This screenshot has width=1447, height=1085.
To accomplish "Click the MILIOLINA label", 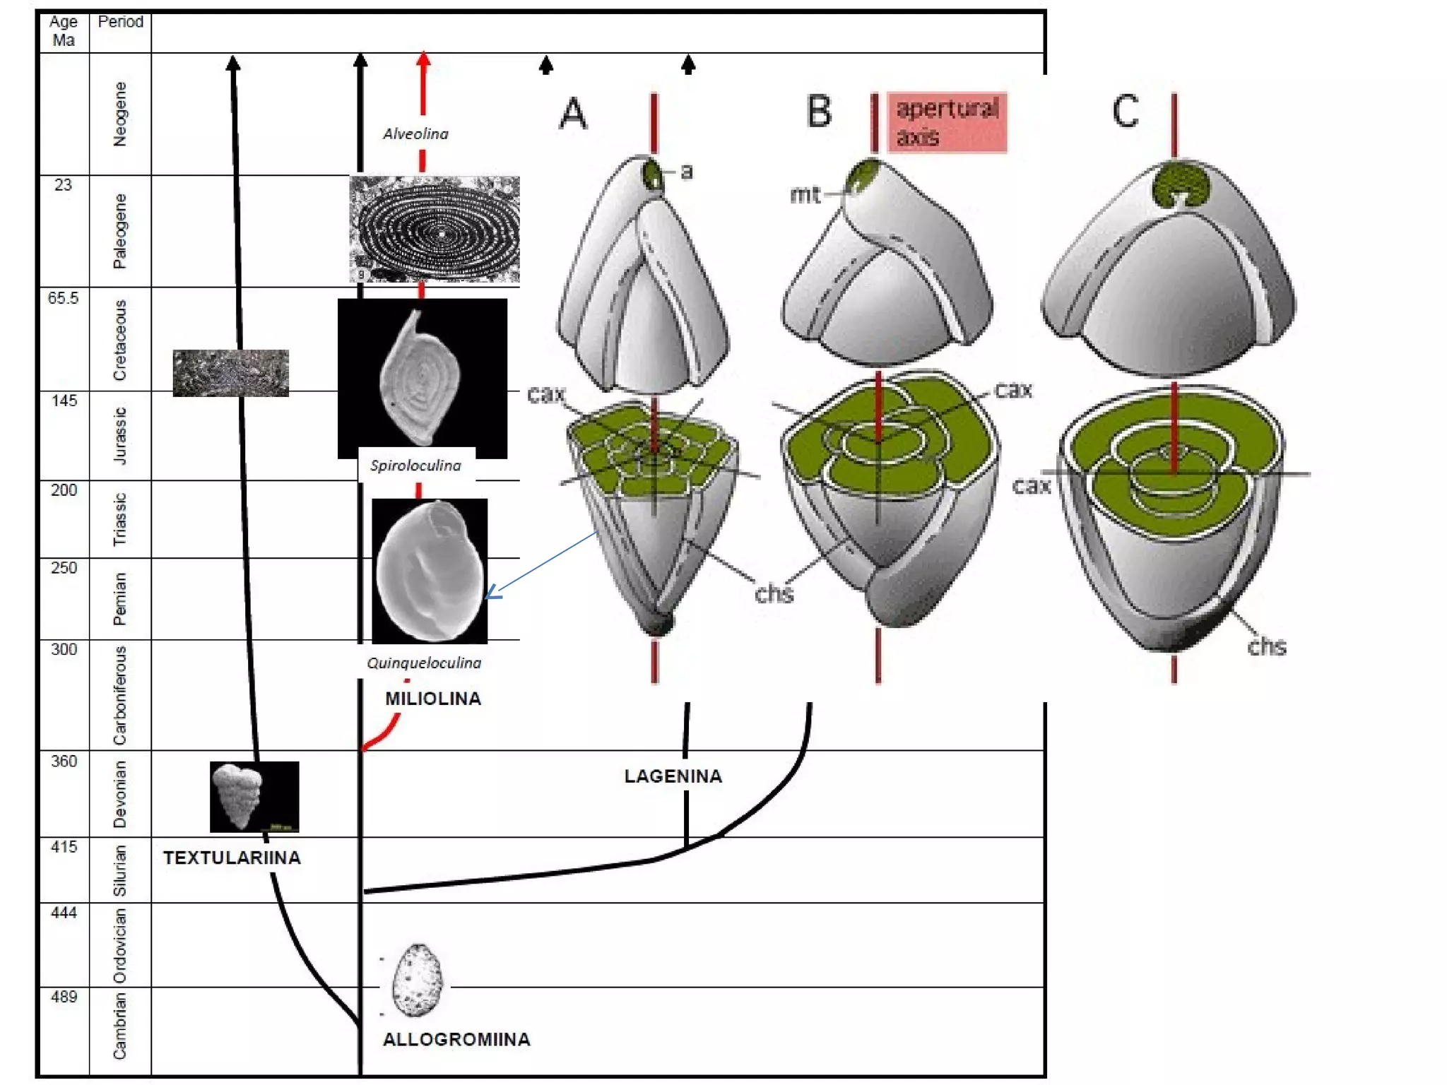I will (x=432, y=699).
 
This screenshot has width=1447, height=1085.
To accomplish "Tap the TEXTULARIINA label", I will (x=232, y=858).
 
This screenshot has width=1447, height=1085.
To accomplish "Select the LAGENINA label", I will (x=673, y=776).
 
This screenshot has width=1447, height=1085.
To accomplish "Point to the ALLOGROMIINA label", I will (x=456, y=1039).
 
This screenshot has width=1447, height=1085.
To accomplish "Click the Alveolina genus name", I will (x=415, y=134).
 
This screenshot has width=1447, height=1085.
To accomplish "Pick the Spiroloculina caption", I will (x=415, y=466).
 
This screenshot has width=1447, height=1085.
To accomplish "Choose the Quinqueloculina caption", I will (x=424, y=663).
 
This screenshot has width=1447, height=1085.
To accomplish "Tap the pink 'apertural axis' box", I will (x=947, y=122).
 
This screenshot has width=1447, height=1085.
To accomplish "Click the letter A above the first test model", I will (x=573, y=114).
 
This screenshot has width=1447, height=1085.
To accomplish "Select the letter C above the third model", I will (x=1125, y=112).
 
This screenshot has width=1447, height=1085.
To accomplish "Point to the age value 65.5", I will (x=63, y=298).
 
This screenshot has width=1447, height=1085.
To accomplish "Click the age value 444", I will (x=64, y=913).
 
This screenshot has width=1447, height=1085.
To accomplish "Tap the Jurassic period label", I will (x=120, y=435).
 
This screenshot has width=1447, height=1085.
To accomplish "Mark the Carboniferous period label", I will (x=120, y=695).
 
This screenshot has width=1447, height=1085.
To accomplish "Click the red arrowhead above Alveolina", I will (x=423, y=59).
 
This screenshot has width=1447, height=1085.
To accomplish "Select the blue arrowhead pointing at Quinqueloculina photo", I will (x=492, y=593).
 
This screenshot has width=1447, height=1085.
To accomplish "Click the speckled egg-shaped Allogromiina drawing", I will (x=417, y=980).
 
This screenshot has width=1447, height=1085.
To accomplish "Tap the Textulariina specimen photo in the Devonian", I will (x=254, y=796).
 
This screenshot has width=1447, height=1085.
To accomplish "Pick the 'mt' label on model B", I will (x=805, y=194).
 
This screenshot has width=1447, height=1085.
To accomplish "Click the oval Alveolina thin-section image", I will (x=435, y=229).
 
